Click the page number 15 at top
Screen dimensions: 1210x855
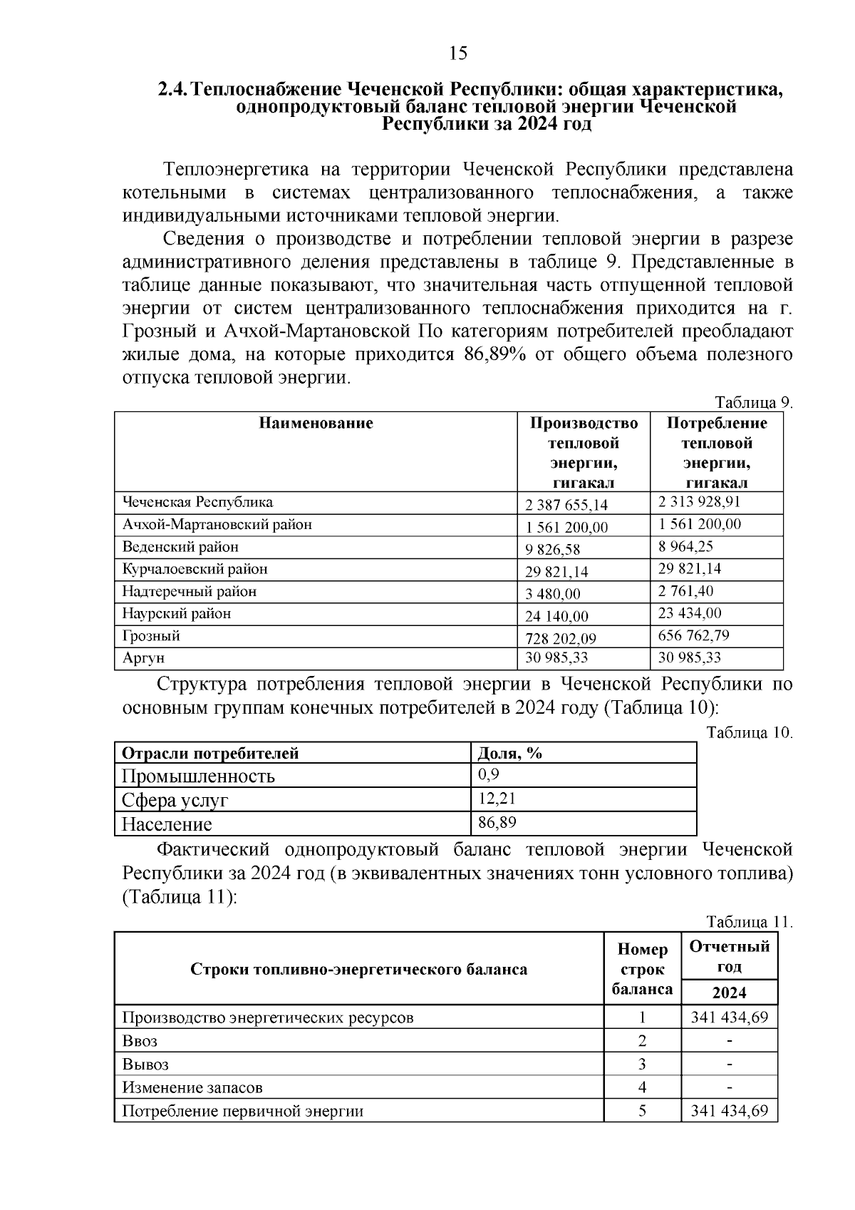click(458, 53)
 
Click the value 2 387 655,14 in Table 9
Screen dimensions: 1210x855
click(566, 506)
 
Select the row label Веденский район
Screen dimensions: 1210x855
click(180, 547)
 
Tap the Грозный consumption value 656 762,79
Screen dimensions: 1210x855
click(694, 635)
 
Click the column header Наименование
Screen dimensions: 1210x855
click(316, 424)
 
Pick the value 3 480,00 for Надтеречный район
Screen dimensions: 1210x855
click(553, 594)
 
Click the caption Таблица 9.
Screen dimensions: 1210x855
click(753, 403)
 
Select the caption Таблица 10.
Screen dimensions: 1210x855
click(750, 733)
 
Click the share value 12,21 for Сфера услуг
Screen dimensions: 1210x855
click(497, 799)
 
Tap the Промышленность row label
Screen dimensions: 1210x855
click(198, 776)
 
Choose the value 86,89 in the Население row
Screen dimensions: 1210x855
click(497, 823)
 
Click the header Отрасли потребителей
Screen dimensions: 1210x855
click(210, 754)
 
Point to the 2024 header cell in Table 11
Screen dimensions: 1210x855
click(729, 993)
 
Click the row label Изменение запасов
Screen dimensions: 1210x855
click(192, 1088)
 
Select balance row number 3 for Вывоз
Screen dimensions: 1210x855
click(642, 1065)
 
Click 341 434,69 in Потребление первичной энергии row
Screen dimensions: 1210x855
click(729, 1111)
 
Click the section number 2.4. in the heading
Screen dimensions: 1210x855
click(173, 91)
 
